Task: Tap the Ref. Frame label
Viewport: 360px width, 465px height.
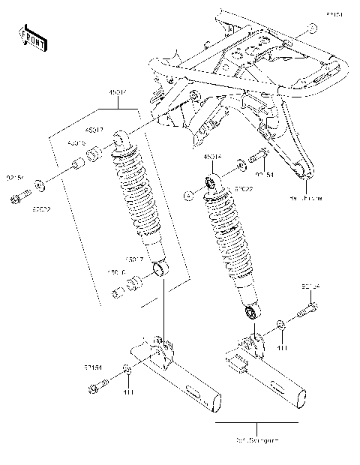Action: point(307,199)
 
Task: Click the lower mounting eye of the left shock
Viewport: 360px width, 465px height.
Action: point(159,268)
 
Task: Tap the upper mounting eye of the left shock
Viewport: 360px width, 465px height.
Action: point(121,136)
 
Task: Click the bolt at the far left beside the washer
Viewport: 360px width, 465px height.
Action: point(18,198)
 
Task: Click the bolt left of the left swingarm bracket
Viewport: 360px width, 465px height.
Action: point(96,388)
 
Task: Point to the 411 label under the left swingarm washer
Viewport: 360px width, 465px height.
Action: point(127,393)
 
